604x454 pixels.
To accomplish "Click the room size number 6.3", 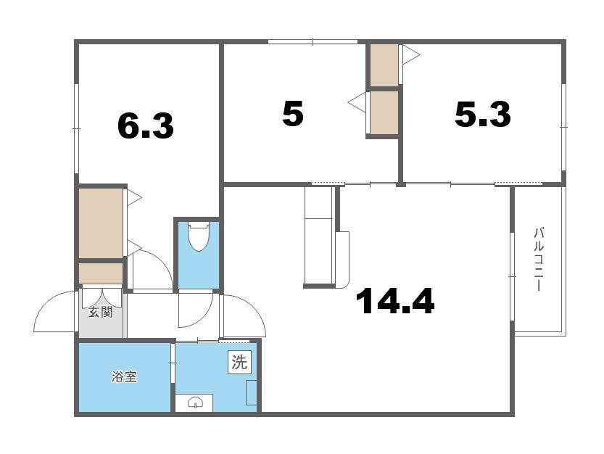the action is (146, 126).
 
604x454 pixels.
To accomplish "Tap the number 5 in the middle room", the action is (293, 113).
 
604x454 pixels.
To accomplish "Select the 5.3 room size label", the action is (483, 114).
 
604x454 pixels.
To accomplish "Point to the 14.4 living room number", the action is (396, 302).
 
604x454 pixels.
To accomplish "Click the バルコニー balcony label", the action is (539, 260).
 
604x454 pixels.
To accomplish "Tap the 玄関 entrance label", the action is (101, 312).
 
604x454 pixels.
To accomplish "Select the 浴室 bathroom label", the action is (125, 376).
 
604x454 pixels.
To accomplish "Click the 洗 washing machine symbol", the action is (239, 362).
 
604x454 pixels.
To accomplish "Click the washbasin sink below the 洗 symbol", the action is (194, 403).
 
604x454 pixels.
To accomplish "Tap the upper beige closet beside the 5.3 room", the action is (384, 65).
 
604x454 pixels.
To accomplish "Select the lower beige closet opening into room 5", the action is (384, 113).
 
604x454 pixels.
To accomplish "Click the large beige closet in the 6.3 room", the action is (101, 223).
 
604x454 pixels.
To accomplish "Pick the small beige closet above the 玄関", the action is (101, 273).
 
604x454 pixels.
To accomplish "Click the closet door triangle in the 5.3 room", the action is (410, 55).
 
